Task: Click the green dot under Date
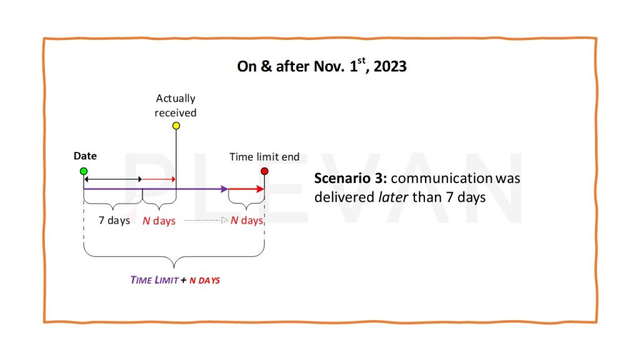coord(84,171)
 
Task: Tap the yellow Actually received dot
coord(176,126)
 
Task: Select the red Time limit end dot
coord(264,171)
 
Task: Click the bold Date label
coord(85,156)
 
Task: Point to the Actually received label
coord(176,105)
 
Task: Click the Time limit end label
coord(264,157)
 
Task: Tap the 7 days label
coord(114,221)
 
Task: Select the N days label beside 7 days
coord(159,221)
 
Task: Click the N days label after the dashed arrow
coord(246,221)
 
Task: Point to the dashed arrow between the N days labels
coord(206,221)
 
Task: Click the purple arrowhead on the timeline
coord(224,189)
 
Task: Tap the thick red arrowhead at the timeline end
coord(260,189)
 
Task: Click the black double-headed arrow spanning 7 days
coord(113,179)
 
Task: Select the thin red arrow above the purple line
coord(159,179)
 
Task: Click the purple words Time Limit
coord(154,280)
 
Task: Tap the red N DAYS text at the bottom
coord(204,281)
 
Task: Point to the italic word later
coord(393,197)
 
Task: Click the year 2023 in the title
coord(390,66)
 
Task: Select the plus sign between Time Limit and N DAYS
coord(184,280)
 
